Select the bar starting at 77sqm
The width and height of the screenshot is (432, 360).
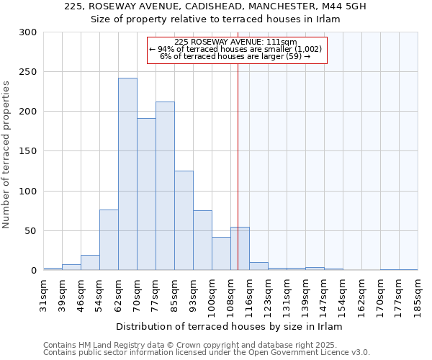pos(165,186)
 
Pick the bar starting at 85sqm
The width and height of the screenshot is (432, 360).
pos(184,220)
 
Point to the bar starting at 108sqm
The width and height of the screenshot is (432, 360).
pos(240,249)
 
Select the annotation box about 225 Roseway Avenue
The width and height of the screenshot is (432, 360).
pos(237,50)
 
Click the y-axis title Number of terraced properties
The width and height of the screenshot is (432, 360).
pos(6,154)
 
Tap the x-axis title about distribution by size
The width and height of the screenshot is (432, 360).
pos(230,326)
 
